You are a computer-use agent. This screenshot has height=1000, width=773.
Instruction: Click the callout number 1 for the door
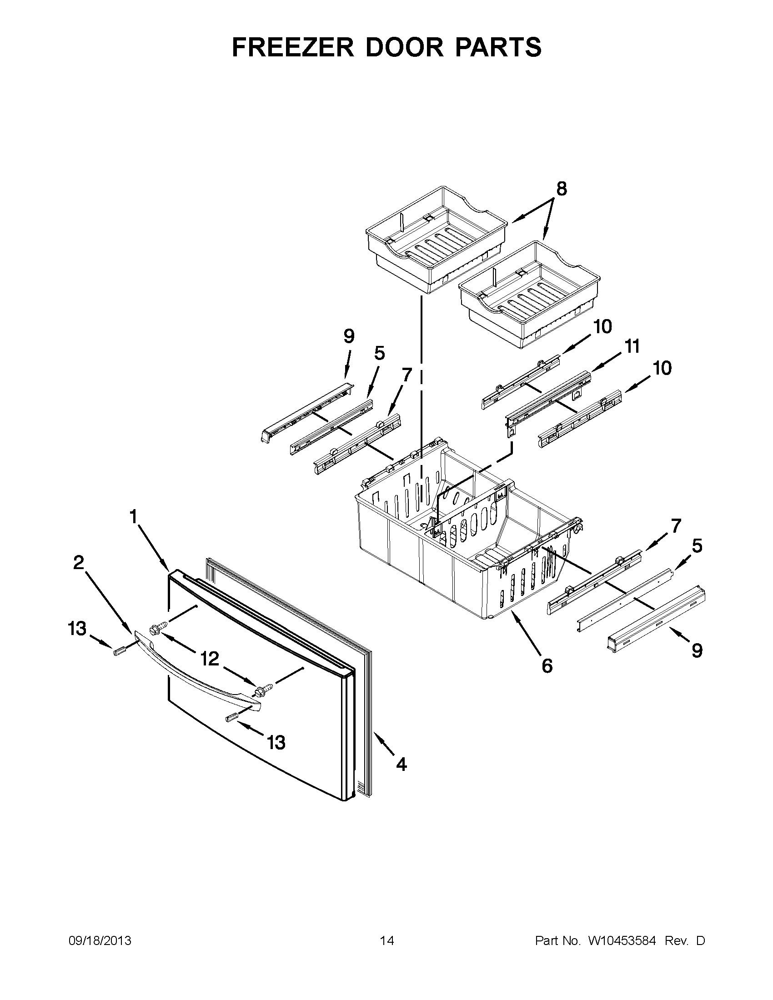point(133,517)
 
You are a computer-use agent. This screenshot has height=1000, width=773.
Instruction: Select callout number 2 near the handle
point(79,563)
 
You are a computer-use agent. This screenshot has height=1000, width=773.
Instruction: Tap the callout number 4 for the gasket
point(401,764)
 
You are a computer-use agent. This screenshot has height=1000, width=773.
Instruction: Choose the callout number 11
point(632,347)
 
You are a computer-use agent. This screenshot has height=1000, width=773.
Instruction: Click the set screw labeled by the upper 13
point(119,652)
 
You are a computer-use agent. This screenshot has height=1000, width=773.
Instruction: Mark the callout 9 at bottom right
point(697,650)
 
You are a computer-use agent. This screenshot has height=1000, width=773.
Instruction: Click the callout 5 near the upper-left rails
point(379,353)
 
